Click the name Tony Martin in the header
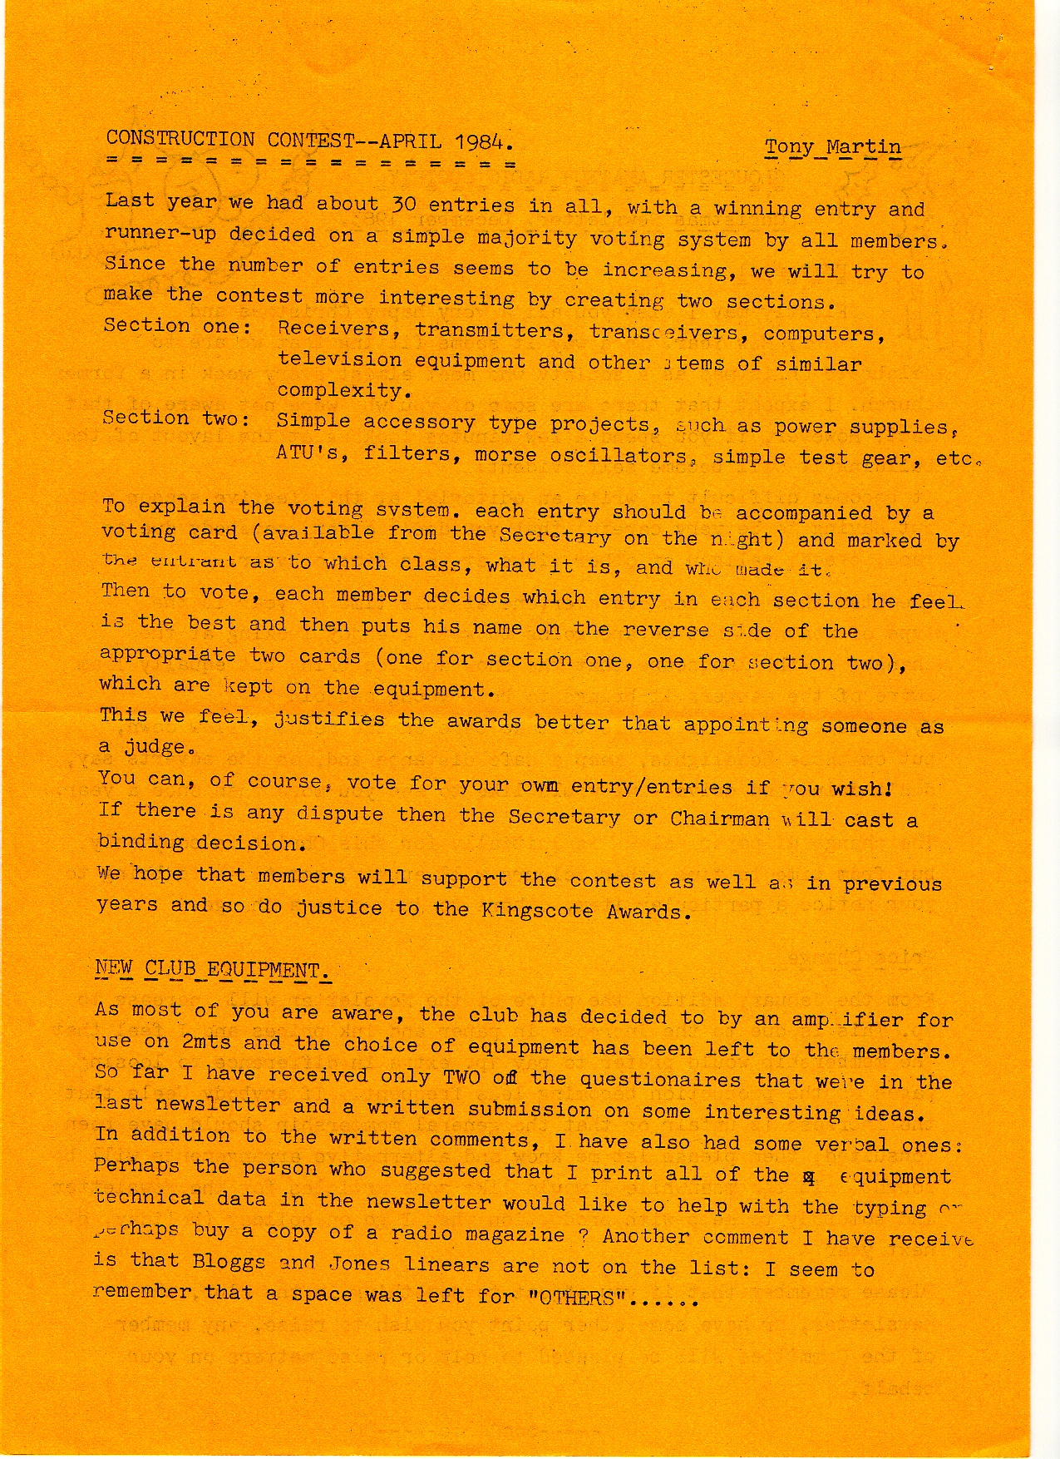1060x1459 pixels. pyautogui.click(x=832, y=147)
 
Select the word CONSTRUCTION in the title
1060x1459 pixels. pyautogui.click(x=180, y=139)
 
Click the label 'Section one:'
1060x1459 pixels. pyautogui.click(x=177, y=326)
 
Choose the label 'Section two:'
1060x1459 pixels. pyautogui.click(x=175, y=418)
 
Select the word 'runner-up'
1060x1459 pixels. pyautogui.click(x=160, y=234)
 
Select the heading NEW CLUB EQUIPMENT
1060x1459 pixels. pyautogui.click(x=213, y=970)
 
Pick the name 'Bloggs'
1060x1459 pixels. pyautogui.click(x=228, y=1261)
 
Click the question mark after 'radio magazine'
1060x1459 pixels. pyautogui.click(x=584, y=1235)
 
